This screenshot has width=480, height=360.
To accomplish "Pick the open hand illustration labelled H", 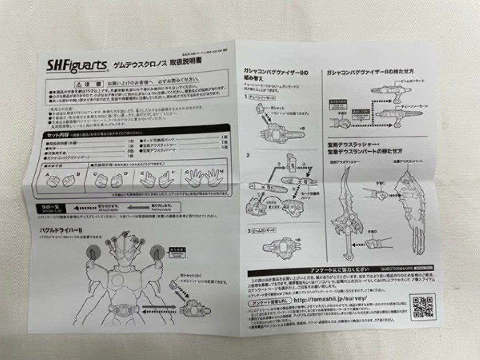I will click(214, 180).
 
